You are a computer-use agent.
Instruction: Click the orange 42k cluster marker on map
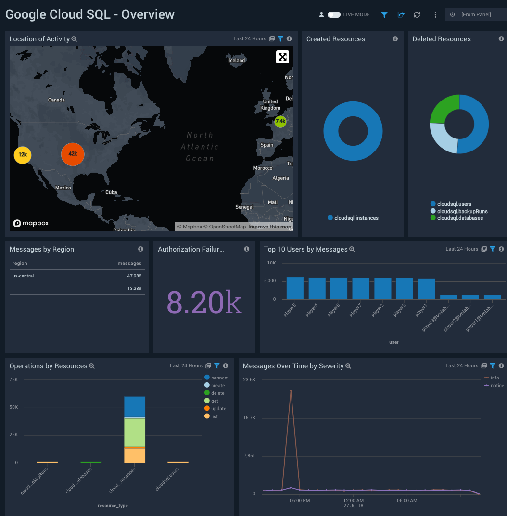(x=73, y=154)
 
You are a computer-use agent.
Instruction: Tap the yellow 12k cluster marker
(x=22, y=155)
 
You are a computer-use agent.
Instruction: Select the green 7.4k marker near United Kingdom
(x=280, y=122)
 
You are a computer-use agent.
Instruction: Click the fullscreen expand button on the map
(x=282, y=57)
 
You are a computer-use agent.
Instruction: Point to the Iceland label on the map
(x=237, y=60)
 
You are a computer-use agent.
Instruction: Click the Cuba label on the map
(x=111, y=192)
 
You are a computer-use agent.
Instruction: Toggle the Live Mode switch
(x=334, y=15)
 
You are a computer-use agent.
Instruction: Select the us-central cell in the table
(x=23, y=276)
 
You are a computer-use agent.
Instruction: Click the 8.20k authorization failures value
(x=204, y=302)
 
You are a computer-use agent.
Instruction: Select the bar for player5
(x=295, y=288)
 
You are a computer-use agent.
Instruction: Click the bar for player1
(x=426, y=289)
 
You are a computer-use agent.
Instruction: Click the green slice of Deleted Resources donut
(x=444, y=109)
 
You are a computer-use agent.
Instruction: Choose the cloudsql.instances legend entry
(x=356, y=218)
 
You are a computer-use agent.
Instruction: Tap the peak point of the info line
(x=291, y=390)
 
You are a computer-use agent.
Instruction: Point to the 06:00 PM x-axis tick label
(x=299, y=501)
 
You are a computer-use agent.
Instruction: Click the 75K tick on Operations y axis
(x=13, y=380)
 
